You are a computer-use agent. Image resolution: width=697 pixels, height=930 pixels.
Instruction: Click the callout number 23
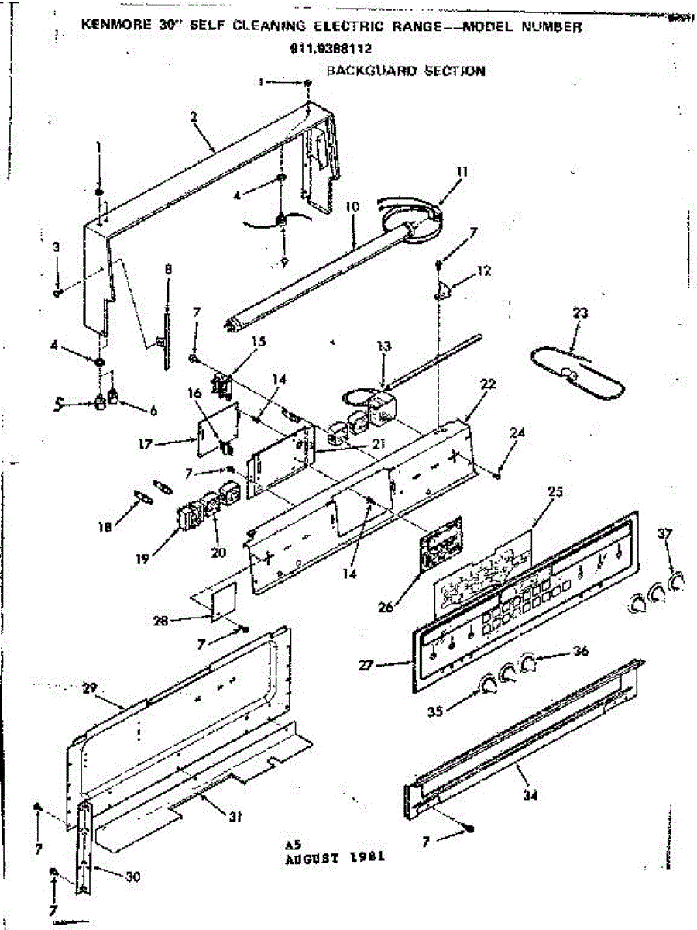coord(580,313)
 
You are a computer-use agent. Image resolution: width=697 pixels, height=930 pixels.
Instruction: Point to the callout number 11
coord(462,171)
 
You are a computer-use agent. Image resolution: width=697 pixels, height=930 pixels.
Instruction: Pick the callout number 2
coord(193,116)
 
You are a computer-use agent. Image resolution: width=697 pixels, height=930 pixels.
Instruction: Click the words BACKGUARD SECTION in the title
coord(406,71)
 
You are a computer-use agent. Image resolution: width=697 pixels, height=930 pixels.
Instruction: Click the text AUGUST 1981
coord(335,858)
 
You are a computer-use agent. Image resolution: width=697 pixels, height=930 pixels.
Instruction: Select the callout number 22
coord(488,384)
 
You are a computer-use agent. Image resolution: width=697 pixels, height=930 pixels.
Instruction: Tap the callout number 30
coord(134,875)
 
